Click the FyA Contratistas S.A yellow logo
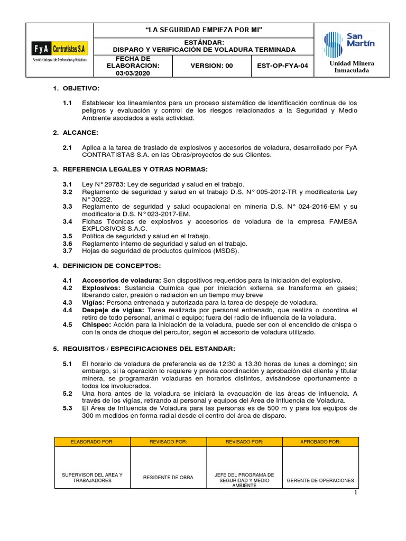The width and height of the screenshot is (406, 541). [x=60, y=49]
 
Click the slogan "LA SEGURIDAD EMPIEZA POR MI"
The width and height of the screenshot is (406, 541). [x=204, y=29]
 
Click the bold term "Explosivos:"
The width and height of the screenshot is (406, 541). [x=100, y=287]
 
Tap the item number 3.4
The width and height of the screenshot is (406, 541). [x=67, y=221]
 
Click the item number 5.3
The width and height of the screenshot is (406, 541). [x=67, y=408]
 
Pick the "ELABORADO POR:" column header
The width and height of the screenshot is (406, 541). [x=93, y=442]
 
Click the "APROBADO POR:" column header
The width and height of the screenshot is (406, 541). [x=320, y=442]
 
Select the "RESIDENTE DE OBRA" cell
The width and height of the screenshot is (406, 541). [x=168, y=477]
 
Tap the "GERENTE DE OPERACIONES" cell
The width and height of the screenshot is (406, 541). [x=320, y=481]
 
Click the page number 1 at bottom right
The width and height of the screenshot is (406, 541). [x=356, y=492]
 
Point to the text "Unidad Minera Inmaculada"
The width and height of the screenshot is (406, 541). [x=351, y=67]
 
